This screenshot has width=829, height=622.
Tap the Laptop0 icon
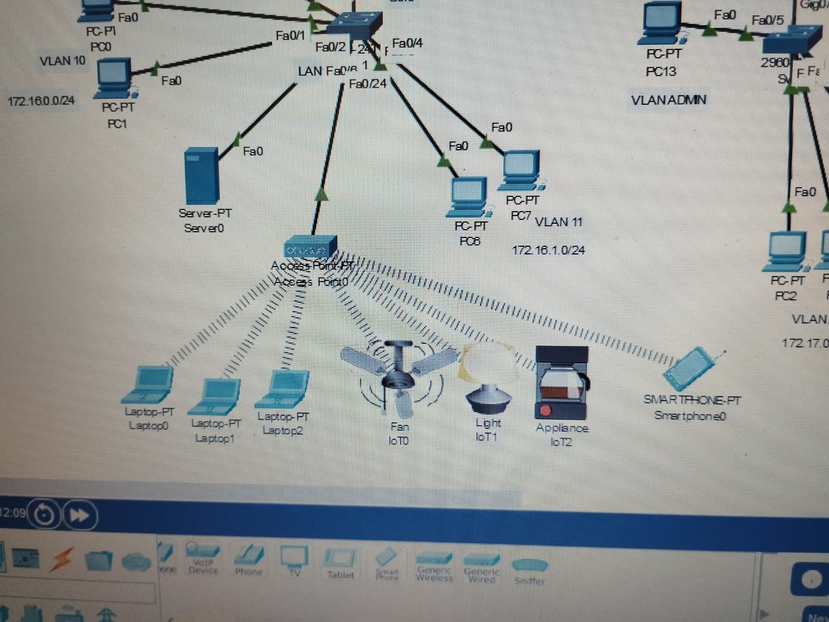coord(149,385)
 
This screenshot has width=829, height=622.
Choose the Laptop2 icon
coord(283,389)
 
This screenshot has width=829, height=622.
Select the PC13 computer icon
coord(662,23)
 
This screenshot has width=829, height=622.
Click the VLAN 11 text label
coord(559,222)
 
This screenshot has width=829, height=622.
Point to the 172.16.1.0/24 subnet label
coord(548,250)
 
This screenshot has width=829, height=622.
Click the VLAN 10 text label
coord(62,61)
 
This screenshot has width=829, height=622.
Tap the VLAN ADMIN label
coord(668,100)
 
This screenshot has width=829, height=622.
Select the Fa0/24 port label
coord(368,83)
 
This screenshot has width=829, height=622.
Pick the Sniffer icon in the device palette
coord(528,570)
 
